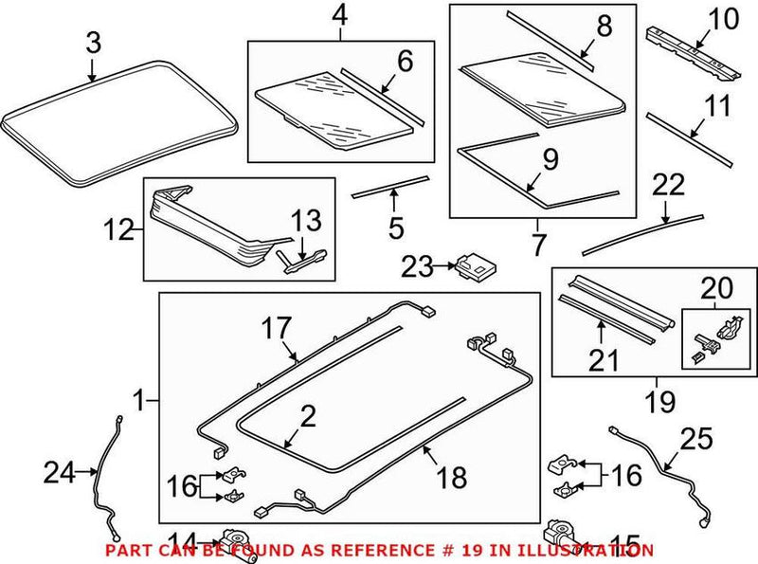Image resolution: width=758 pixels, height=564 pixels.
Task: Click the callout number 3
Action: (x=92, y=42)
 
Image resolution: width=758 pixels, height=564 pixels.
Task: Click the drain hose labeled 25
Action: (x=662, y=474)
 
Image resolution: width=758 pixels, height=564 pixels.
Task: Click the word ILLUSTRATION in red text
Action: (x=592, y=550)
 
